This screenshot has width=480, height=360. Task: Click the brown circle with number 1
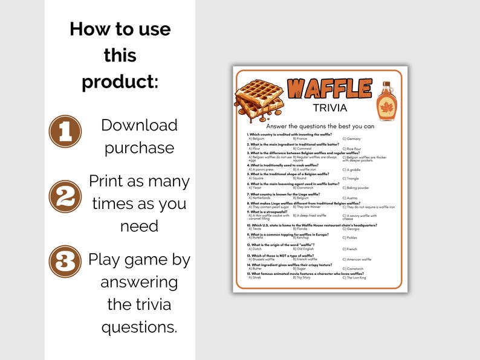[65, 131]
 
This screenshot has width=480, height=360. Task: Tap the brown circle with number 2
[65, 196]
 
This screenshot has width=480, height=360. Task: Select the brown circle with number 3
[65, 261]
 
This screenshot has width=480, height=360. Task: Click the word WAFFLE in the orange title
[329, 89]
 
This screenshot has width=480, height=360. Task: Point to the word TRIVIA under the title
[329, 108]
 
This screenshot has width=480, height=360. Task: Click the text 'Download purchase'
[139, 137]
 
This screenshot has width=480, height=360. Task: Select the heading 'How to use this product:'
[120, 55]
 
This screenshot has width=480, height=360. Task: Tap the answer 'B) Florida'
[302, 228]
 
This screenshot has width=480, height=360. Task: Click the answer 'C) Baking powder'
[357, 188]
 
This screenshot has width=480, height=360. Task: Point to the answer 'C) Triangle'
[352, 178]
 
